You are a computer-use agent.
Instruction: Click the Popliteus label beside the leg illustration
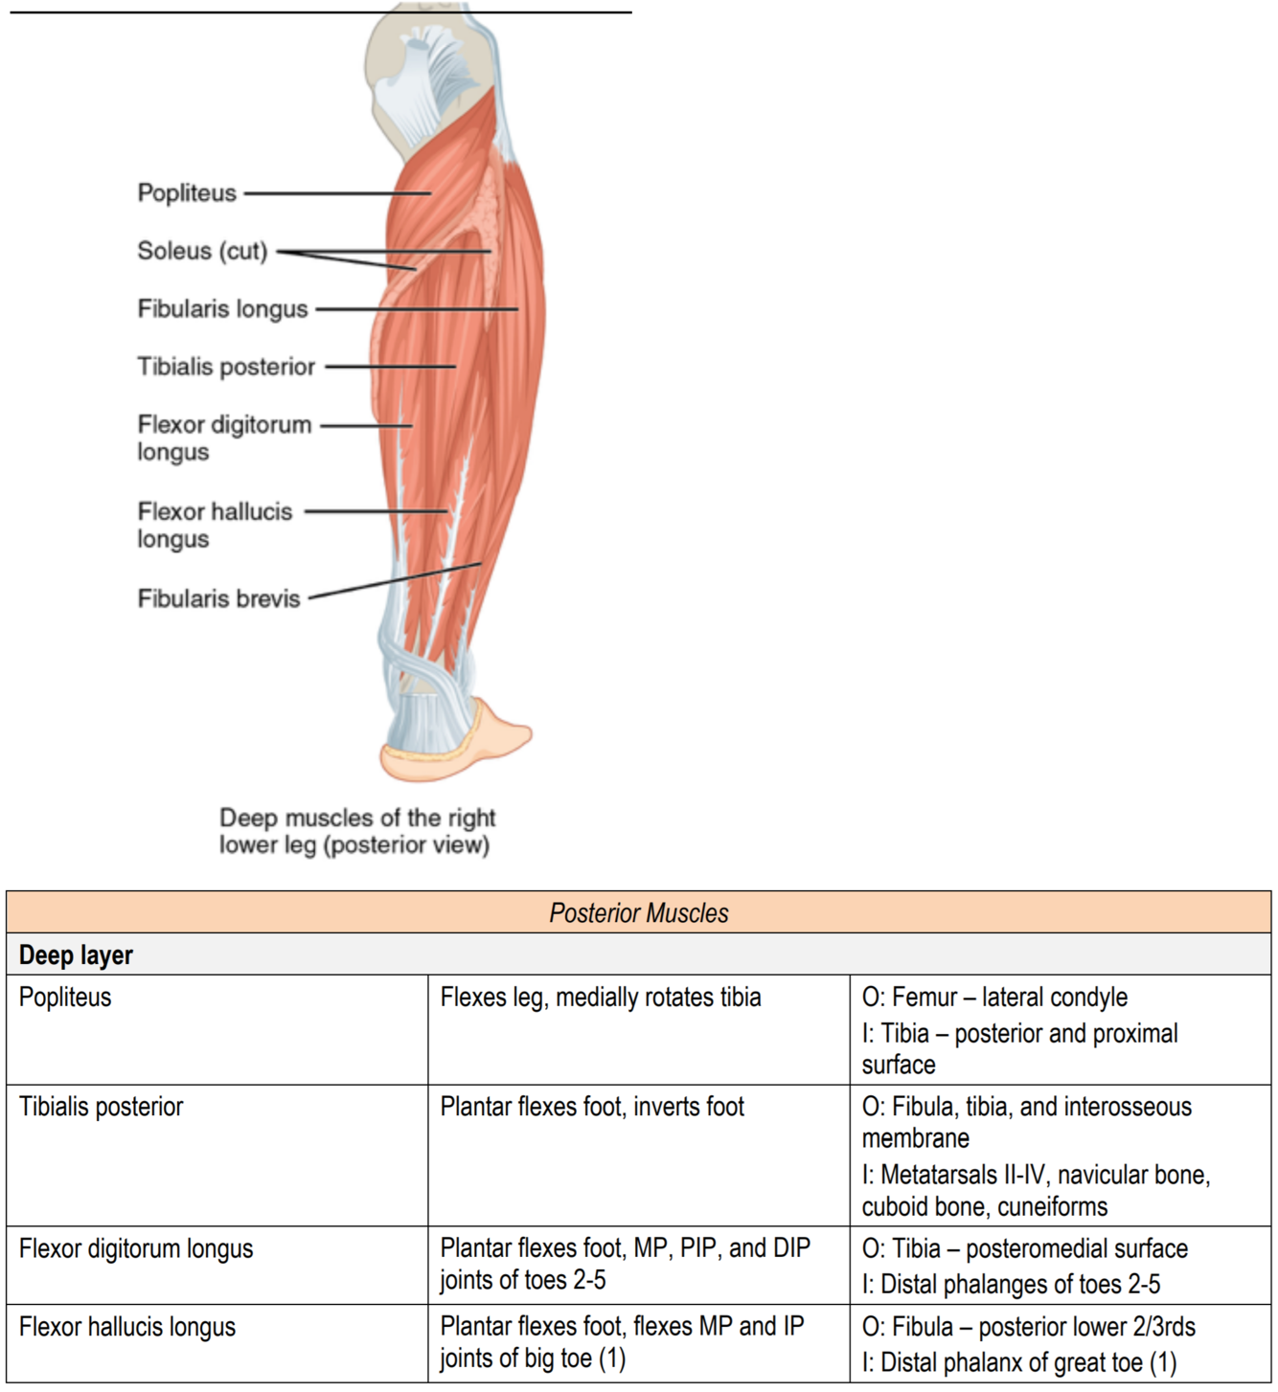(187, 193)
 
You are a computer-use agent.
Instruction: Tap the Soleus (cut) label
(202, 251)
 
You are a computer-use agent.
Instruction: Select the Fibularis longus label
(222, 309)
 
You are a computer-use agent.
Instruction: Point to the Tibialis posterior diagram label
(226, 367)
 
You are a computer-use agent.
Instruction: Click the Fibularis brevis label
(218, 599)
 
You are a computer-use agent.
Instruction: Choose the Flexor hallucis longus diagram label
(215, 525)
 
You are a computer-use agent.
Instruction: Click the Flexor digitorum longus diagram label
(224, 438)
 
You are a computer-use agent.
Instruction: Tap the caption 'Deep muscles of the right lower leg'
(356, 831)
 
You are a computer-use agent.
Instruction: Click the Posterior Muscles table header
(639, 913)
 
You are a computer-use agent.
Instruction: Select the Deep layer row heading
(76, 955)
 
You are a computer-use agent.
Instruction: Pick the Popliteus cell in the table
(65, 998)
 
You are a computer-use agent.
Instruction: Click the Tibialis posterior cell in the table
(101, 1108)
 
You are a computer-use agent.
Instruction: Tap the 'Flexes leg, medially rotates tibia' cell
(601, 998)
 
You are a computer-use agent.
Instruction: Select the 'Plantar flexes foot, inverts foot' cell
(592, 1108)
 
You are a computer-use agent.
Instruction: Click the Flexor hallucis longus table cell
(127, 1328)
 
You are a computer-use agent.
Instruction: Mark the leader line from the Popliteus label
(335, 193)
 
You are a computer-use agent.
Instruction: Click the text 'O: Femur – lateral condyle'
(994, 998)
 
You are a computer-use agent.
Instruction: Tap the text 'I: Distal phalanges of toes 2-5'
(1011, 1285)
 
